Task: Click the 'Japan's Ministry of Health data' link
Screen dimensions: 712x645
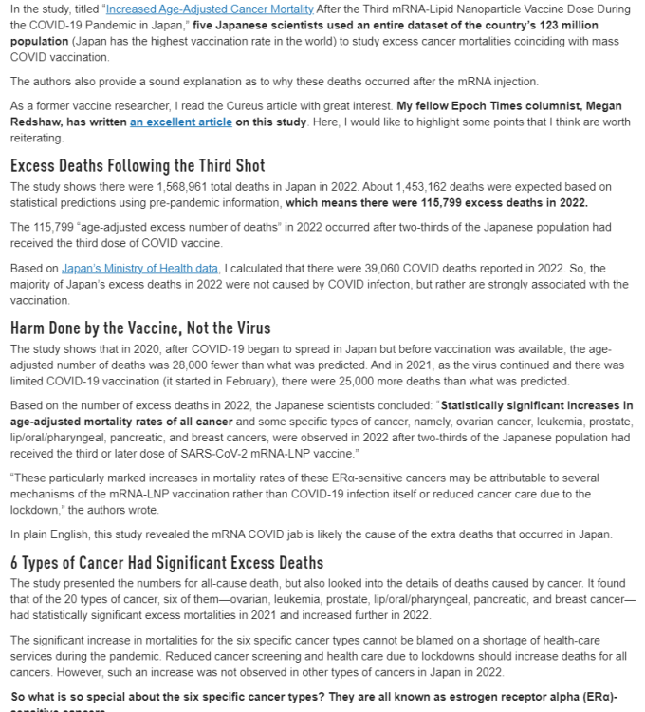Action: coord(140,269)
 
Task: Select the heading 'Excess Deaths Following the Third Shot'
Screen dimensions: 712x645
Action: coord(138,165)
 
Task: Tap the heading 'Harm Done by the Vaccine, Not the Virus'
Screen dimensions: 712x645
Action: coord(140,328)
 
